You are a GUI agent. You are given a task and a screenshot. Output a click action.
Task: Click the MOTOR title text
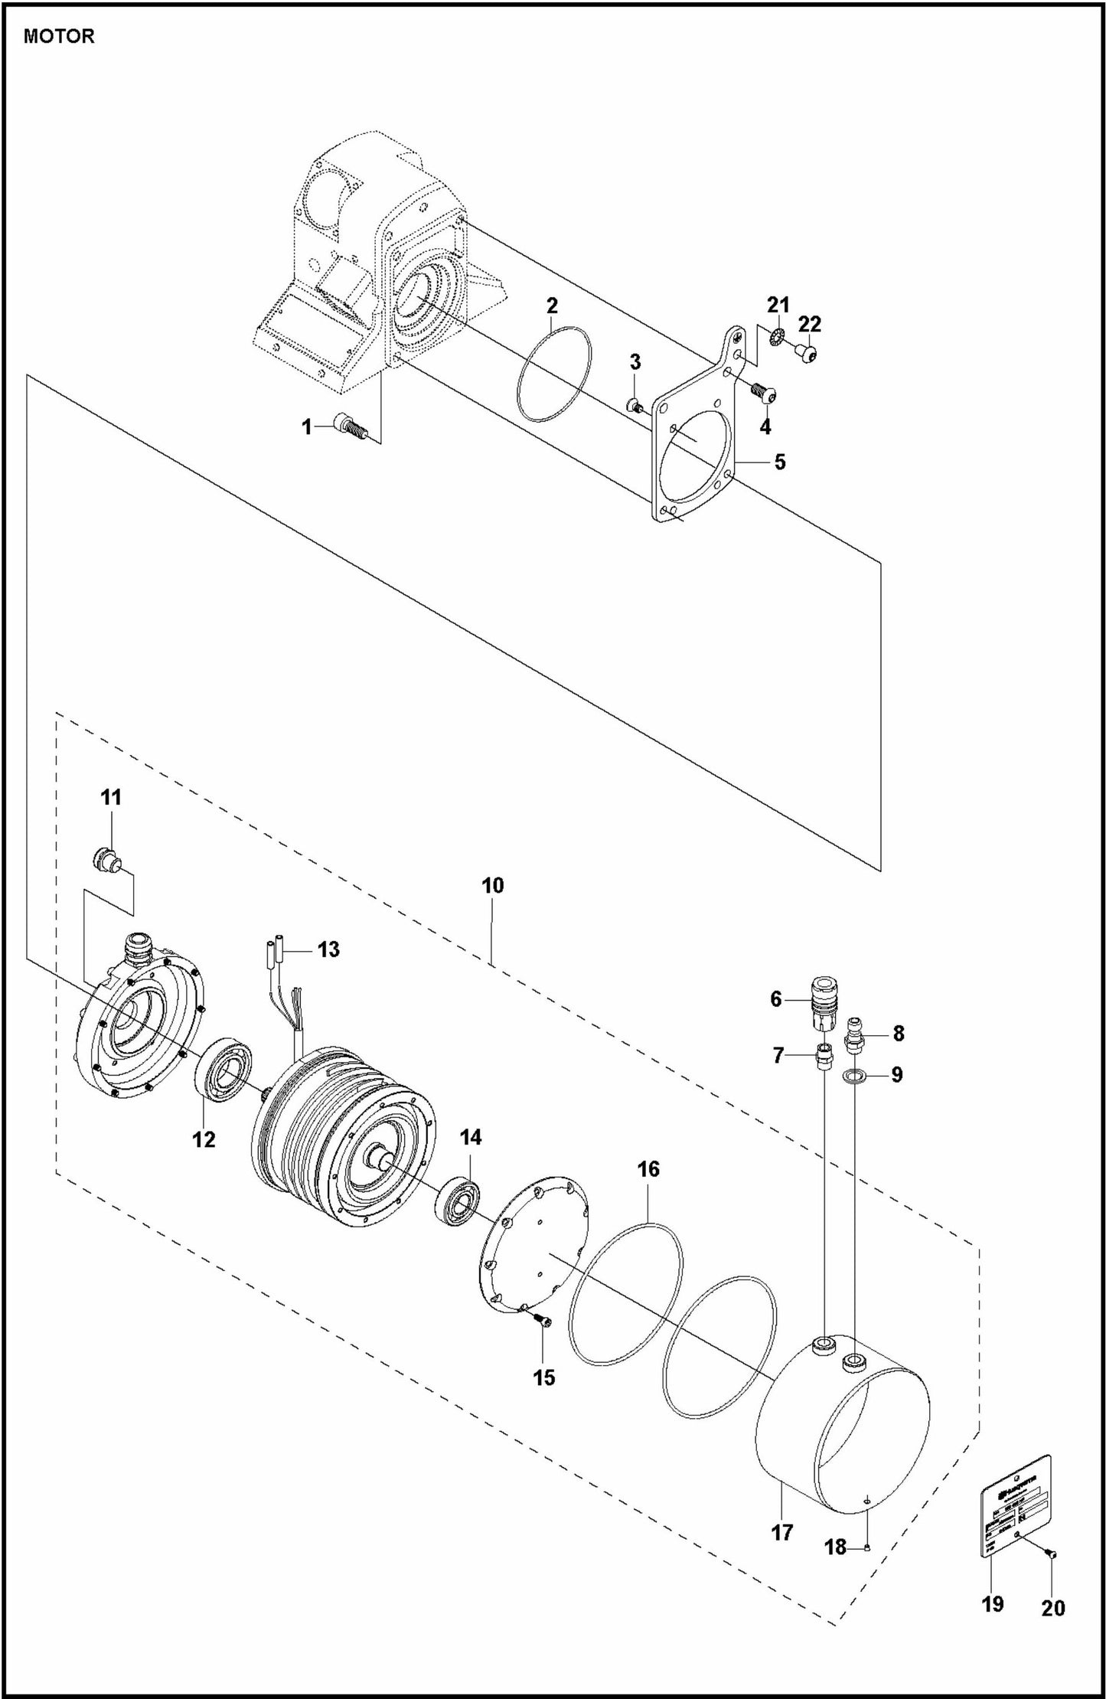click(x=59, y=36)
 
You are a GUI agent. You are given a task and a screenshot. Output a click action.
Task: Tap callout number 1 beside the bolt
click(x=307, y=427)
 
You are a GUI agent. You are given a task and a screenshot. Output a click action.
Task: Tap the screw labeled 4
click(x=764, y=395)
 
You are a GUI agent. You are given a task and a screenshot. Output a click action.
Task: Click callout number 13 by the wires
click(x=328, y=949)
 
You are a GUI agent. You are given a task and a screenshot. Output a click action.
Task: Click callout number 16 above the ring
click(x=648, y=1169)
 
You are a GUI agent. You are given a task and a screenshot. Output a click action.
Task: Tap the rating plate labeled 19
click(x=1016, y=1510)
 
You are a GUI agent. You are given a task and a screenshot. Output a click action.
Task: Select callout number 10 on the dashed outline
click(x=492, y=885)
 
